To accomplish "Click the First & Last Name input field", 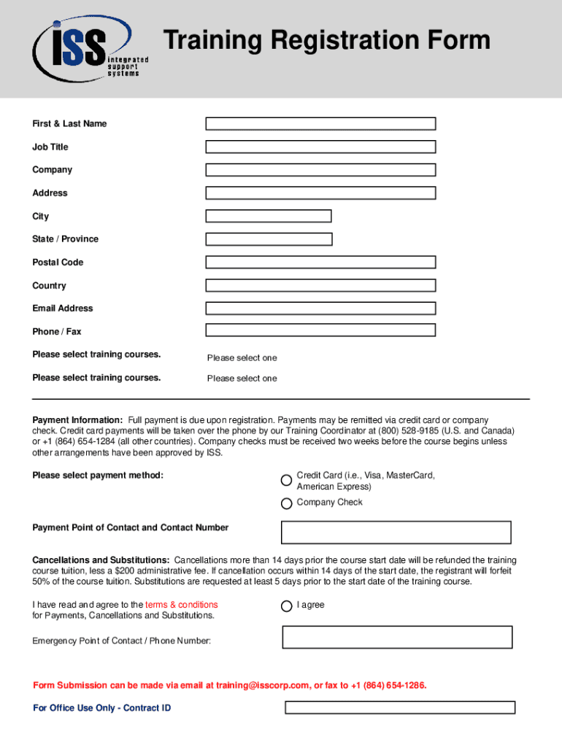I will pos(320,124).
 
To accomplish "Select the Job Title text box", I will pos(320,147).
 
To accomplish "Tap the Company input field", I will pos(320,170).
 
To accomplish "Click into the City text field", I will pos(269,216).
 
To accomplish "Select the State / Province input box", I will pos(269,239).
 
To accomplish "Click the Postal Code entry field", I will pos(320,262).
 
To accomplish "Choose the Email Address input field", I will pos(320,309).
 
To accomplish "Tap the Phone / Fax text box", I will pos(320,330).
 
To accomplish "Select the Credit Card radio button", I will pos(287,481).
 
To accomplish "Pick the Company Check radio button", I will pos(287,503).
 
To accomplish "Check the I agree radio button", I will pos(287,606).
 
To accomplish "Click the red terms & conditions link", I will pos(181,605).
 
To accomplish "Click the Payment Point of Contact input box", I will pos(396,533).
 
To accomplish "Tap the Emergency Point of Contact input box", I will pos(397,637).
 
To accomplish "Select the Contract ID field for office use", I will pos(399,708).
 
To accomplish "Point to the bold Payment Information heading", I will pos(77,420).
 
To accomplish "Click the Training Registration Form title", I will pos(326,41).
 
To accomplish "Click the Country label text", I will pos(49,286).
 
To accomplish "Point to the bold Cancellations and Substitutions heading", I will pos(101,560).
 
